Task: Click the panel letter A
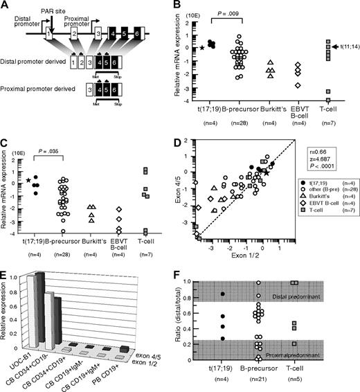click(6, 5)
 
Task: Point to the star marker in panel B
click(201, 48)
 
